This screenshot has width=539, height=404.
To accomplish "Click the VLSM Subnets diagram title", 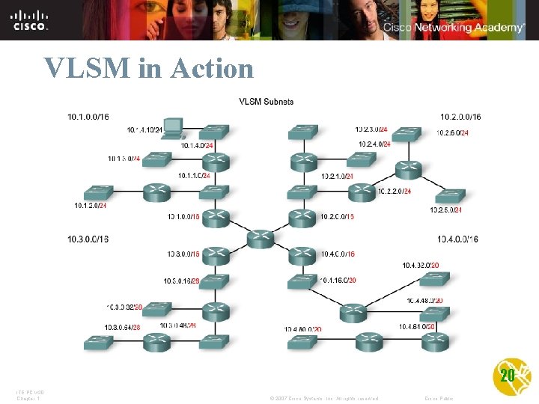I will click(266, 102).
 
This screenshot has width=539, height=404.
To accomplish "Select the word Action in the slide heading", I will click(212, 69).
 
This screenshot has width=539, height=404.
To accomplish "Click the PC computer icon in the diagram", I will click(173, 128).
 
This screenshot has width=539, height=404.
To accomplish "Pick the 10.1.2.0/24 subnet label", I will click(90, 205).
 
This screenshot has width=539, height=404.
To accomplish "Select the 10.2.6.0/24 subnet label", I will click(452, 133).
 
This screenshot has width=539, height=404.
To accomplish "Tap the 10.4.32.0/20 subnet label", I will click(420, 265).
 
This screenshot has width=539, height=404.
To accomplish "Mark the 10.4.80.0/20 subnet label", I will click(302, 329).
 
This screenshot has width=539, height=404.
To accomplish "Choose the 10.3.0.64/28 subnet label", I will click(124, 326).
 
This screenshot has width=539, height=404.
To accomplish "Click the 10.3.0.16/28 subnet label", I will click(180, 281).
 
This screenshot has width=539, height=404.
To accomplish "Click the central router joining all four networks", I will click(259, 239).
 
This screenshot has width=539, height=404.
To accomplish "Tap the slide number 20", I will click(507, 376).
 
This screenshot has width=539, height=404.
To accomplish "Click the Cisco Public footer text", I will click(439, 398).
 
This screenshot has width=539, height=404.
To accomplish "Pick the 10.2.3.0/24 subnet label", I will click(371, 129).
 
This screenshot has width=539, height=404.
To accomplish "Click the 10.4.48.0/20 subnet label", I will click(424, 301).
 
